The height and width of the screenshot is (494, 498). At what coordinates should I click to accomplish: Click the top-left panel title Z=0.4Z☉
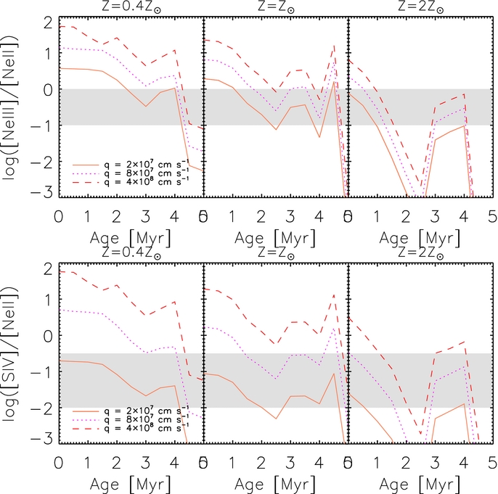point(130,7)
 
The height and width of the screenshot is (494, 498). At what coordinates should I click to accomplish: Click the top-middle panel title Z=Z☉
point(276,7)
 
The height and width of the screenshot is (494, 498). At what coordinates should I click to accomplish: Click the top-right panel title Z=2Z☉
point(420,7)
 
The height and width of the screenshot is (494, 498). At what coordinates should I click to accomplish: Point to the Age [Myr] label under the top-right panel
point(420,236)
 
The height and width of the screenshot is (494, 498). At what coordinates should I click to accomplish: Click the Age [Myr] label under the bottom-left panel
point(131,482)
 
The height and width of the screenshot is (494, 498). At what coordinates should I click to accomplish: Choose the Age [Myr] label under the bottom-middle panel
point(276,482)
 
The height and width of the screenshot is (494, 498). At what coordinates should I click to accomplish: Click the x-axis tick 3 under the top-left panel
point(145,217)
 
